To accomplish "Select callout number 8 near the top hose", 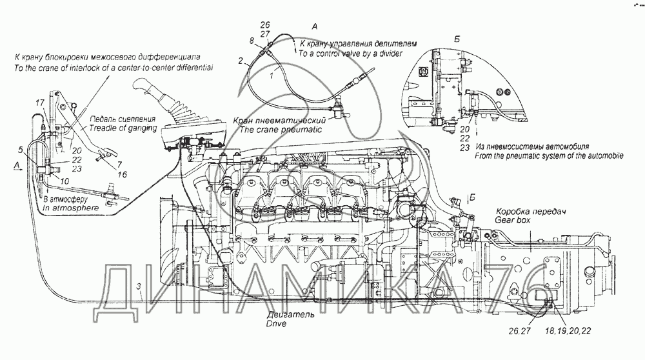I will click(252, 41).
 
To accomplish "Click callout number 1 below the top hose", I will click(272, 76).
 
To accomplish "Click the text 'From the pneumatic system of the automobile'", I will click(543, 156).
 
